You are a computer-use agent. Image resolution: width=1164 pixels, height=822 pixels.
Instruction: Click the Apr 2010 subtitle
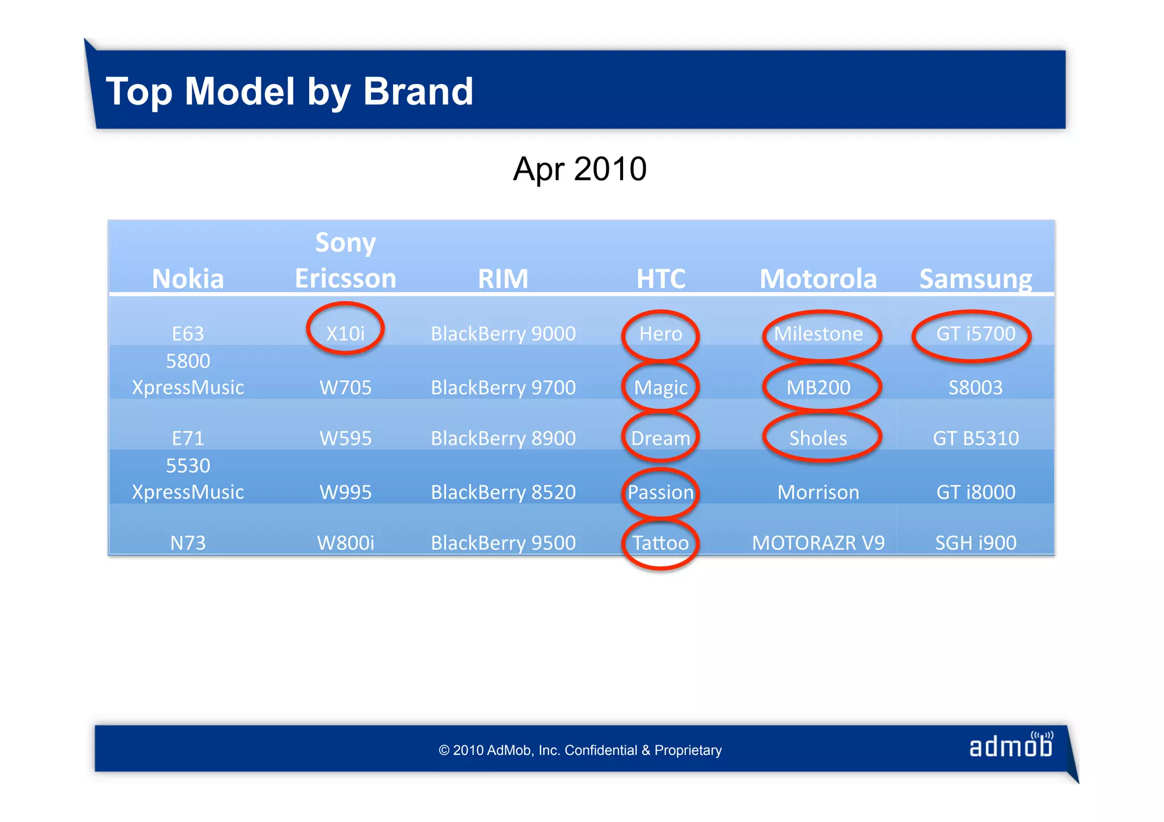coord(579,169)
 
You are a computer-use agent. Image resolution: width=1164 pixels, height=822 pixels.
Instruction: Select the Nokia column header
coord(188,278)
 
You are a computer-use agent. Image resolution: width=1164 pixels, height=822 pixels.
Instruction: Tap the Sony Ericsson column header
coord(345,261)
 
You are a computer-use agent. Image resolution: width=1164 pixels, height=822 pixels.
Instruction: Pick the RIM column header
coord(503,278)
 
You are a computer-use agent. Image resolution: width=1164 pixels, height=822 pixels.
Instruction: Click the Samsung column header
coord(975,278)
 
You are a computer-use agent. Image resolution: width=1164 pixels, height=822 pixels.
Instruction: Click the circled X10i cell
coord(345,333)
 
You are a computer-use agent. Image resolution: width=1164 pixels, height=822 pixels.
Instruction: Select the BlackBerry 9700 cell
coord(503,387)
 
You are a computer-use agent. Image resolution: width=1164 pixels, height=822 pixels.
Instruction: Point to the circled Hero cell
coord(660,333)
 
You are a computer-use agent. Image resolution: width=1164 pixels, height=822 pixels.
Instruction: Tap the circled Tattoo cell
coord(660,543)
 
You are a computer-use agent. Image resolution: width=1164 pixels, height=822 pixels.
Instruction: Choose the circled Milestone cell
coord(818,333)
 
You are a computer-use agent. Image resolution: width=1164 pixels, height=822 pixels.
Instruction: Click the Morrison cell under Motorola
coord(818,492)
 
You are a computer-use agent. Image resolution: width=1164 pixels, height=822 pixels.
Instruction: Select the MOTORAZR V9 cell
coord(818,543)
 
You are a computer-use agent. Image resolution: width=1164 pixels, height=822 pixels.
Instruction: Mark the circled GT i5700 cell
coord(975,333)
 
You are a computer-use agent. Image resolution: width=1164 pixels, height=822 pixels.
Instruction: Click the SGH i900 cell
coord(975,543)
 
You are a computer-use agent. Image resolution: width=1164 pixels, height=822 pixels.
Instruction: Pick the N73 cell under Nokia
coord(188,543)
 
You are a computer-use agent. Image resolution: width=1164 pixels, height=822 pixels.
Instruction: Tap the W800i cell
coord(345,543)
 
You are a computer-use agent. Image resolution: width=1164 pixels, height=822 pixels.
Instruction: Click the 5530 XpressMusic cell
coord(188,479)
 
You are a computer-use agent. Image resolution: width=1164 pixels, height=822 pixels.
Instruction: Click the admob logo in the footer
coord(1011,746)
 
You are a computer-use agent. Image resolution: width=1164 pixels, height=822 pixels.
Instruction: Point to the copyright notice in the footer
coord(580,750)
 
